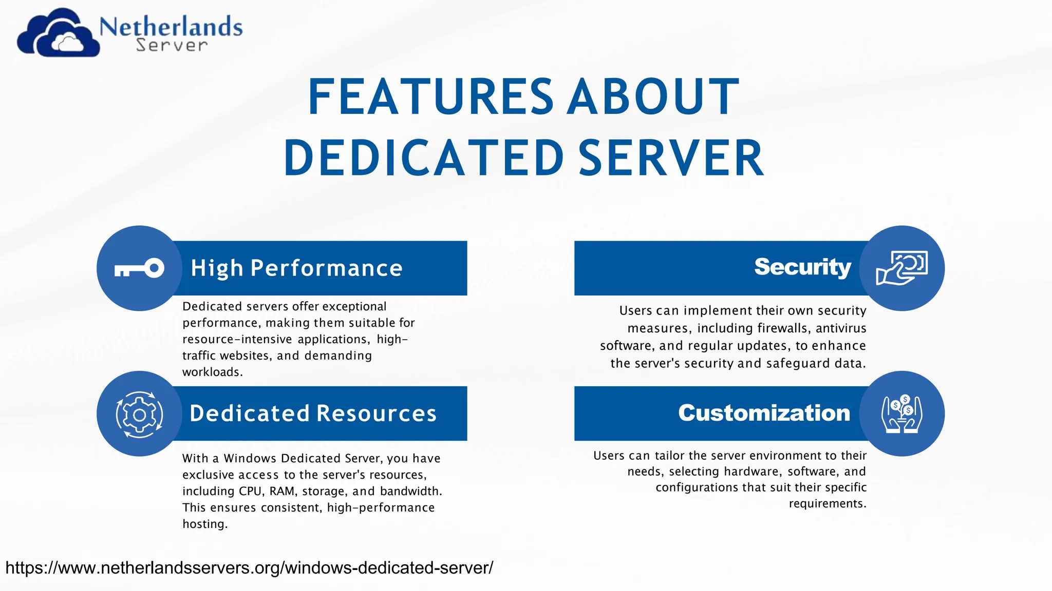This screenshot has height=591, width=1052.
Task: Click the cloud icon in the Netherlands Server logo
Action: pos(58,34)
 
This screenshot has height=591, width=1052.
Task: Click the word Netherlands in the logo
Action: pos(171,27)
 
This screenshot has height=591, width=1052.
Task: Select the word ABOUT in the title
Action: pos(653,97)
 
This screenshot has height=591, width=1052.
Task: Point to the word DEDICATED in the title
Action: pos(424,159)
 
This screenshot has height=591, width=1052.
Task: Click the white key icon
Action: pos(139,268)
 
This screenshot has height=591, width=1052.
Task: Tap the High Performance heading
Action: pos(296,268)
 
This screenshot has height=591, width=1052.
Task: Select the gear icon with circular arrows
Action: pos(139,414)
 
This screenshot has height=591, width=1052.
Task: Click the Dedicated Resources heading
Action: pos(313,413)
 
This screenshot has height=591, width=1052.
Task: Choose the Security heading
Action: pos(802,267)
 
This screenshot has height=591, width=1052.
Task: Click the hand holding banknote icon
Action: pos(901,268)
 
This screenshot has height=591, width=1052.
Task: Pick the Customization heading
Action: pos(764,413)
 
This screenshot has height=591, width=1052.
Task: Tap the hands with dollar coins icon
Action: pos(901,414)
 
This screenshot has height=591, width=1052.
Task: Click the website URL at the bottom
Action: pos(249,568)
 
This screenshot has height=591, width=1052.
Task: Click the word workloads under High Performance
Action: pos(212,372)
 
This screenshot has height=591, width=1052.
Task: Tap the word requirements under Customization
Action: pos(827,504)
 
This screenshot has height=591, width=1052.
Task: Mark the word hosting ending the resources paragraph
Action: pos(204,524)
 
